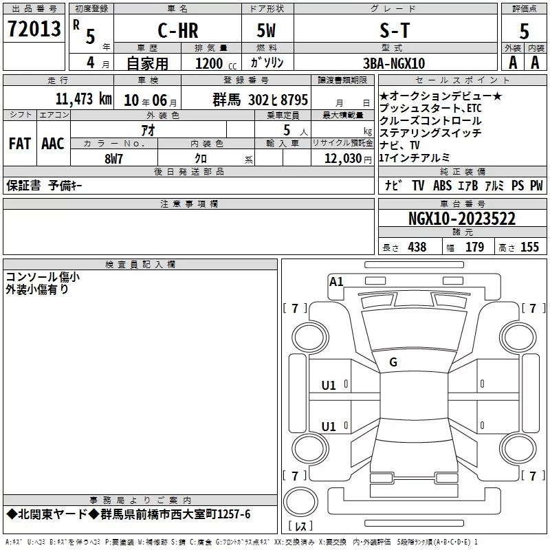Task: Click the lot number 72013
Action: point(34,29)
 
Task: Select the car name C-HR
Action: point(178,30)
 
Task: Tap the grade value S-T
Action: point(395,30)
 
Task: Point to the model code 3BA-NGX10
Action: point(394,63)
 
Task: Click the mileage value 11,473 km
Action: point(84,99)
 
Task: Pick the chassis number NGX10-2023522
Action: point(462,219)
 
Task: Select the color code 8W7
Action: point(113,159)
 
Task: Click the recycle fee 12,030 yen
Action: point(348,159)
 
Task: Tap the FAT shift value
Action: point(20,144)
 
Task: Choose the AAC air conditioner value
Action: point(53,144)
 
